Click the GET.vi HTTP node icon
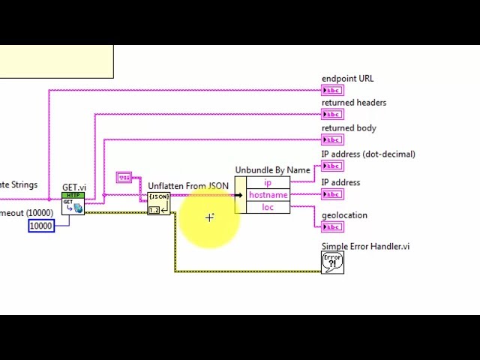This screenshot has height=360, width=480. point(73,203)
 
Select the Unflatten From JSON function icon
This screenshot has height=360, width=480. point(158,203)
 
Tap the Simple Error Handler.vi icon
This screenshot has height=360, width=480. point(332,262)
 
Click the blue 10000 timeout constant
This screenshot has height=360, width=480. point(41,226)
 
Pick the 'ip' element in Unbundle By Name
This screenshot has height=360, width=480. point(268,183)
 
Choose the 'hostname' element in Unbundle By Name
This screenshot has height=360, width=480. point(268,195)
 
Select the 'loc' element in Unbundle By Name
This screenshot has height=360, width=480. point(268,207)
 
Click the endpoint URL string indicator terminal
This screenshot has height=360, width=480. point(332,91)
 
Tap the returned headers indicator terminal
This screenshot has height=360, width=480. point(332,115)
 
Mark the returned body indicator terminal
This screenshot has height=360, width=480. point(332,139)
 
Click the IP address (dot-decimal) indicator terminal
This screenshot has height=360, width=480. point(332,166)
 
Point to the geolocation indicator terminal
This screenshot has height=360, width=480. point(332,227)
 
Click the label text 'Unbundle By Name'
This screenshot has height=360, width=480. point(272,170)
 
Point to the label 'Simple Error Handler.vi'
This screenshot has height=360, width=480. point(365,246)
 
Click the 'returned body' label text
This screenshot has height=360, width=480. point(349,128)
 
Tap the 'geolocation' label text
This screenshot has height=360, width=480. point(344,215)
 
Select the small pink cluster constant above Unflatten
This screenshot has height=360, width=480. point(124,178)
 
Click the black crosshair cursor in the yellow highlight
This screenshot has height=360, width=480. point(209,217)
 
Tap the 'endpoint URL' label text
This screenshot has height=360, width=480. point(347,79)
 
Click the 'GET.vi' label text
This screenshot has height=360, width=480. point(73,187)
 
